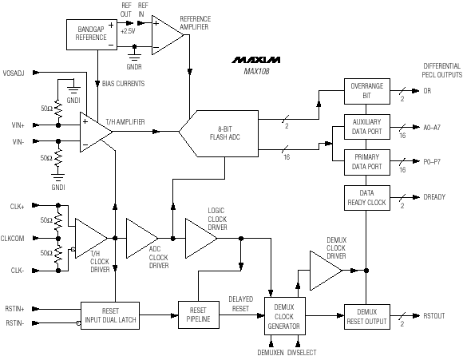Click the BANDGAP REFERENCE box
(92, 34)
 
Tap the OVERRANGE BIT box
(367, 91)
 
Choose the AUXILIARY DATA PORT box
(367, 127)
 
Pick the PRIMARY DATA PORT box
(367, 162)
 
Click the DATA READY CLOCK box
(367, 198)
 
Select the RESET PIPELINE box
(199, 315)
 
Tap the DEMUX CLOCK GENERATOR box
(285, 316)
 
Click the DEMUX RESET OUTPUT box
(367, 317)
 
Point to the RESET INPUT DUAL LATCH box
(110, 315)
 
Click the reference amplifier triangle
(168, 35)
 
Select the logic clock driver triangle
(201, 239)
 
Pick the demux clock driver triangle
(326, 271)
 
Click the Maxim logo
(256, 60)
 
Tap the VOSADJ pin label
(14, 73)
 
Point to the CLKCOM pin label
(13, 239)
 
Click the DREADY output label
(434, 197)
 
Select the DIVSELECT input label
(302, 353)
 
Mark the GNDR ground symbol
(134, 54)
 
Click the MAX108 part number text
(256, 71)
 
